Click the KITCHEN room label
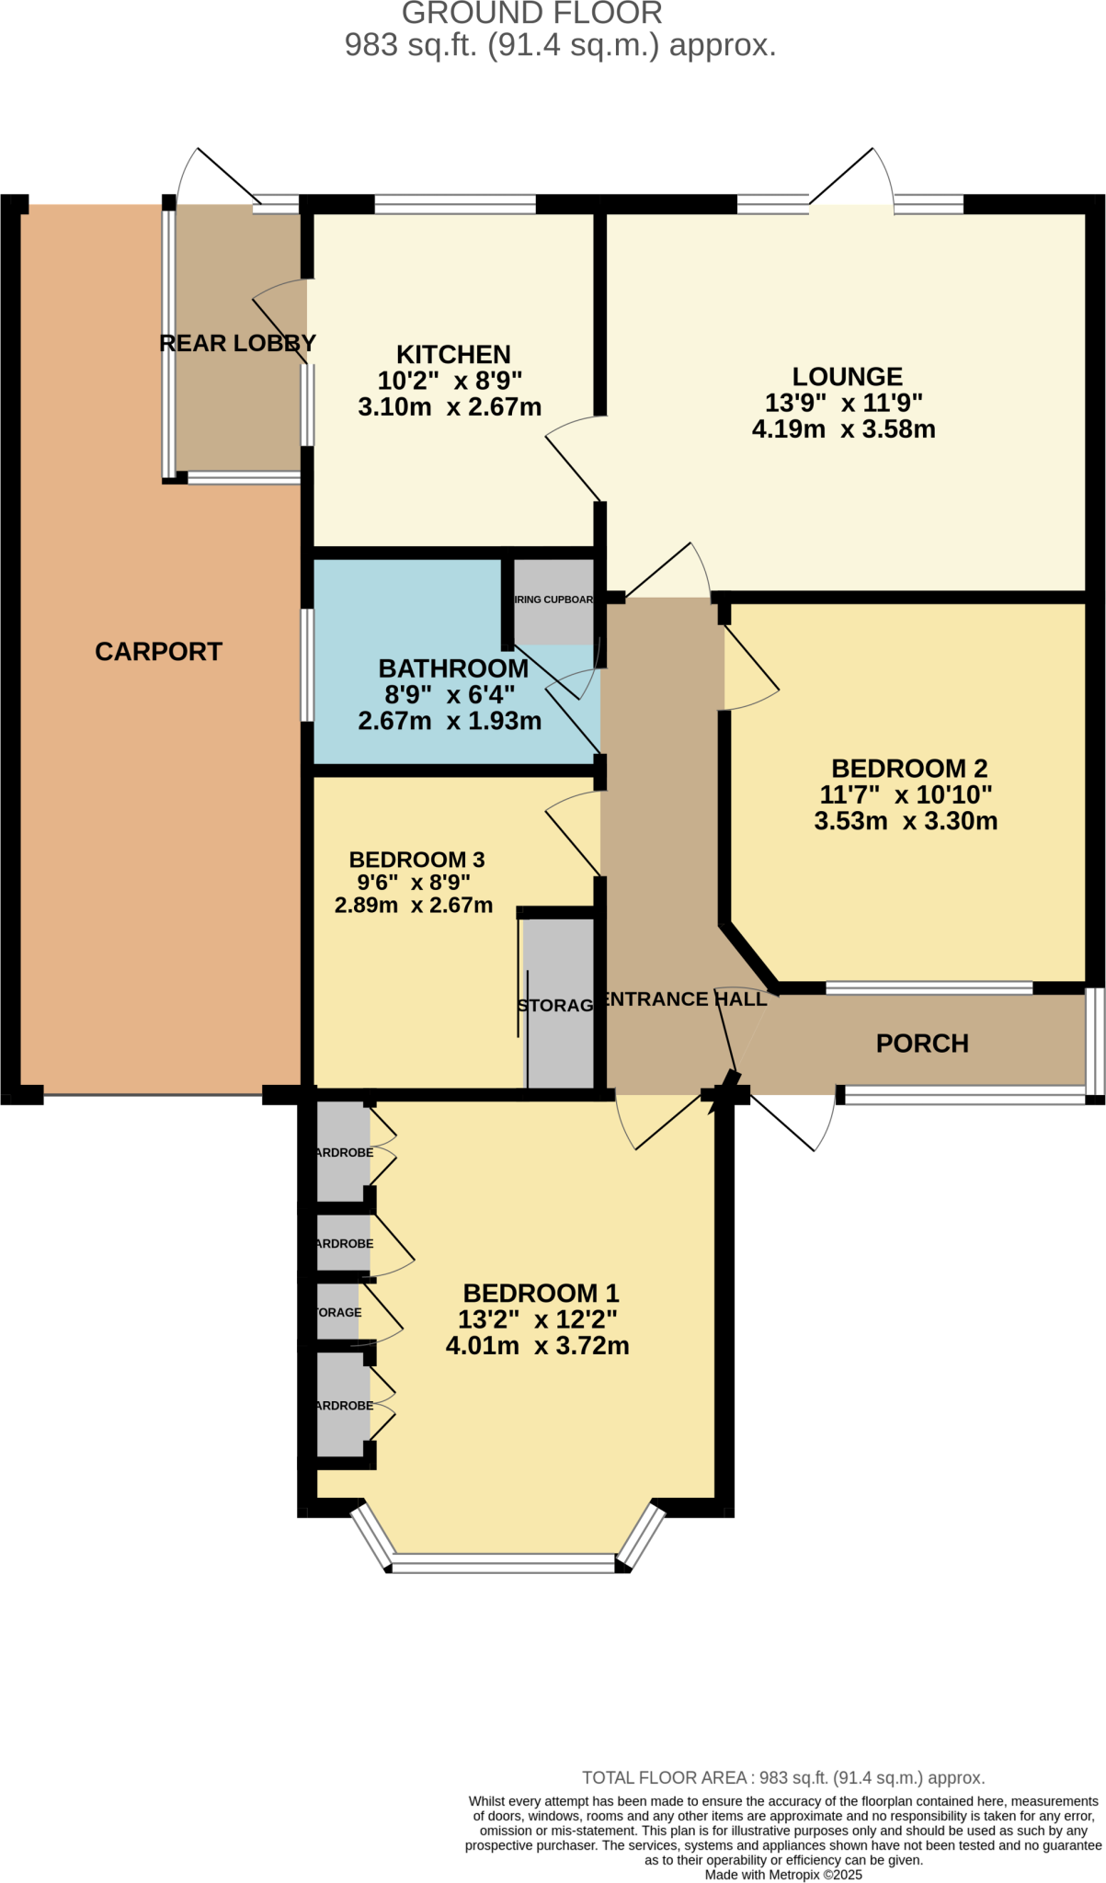[x=453, y=355]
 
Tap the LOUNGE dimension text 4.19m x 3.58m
[x=843, y=429]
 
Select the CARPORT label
[x=158, y=652]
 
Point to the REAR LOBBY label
[x=237, y=344]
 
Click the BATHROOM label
[x=453, y=668]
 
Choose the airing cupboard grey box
[x=553, y=602]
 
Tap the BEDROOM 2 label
[x=908, y=769]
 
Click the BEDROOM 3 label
[x=416, y=860]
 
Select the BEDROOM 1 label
[x=541, y=1294]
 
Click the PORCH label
[x=922, y=1044]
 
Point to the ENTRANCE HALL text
[x=685, y=999]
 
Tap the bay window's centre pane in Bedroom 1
[x=504, y=1562]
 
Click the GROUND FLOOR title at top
[x=531, y=14]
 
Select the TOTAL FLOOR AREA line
[x=782, y=1778]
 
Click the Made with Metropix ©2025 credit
[x=783, y=1875]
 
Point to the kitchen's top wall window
[x=455, y=204]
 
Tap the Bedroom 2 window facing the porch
[x=929, y=988]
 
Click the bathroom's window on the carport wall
[x=308, y=664]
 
